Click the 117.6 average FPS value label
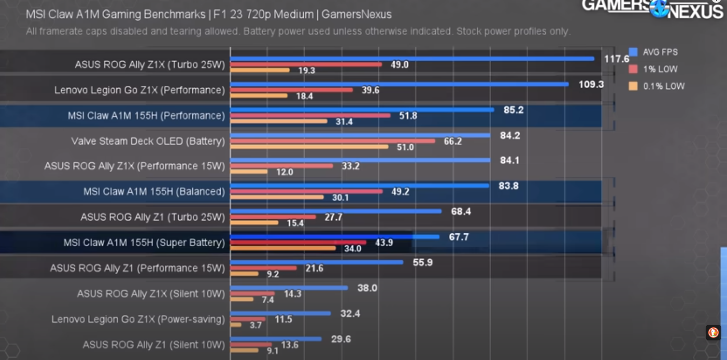[617, 59]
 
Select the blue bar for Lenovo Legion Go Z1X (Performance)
[399, 84]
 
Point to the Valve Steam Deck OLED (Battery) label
[148, 141]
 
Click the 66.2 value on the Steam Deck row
[453, 141]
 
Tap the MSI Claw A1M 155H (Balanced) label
[154, 192]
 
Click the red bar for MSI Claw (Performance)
[310, 116]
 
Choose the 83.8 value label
[509, 186]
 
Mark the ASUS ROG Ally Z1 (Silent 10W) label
[153, 345]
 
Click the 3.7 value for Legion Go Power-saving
[256, 325]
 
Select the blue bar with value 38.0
[289, 288]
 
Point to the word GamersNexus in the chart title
[356, 14]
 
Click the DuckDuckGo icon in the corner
[714, 333]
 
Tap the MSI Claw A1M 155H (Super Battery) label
[144, 243]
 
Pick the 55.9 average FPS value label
[422, 263]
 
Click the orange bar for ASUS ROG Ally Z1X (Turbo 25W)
[260, 70]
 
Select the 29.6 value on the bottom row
[341, 339]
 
